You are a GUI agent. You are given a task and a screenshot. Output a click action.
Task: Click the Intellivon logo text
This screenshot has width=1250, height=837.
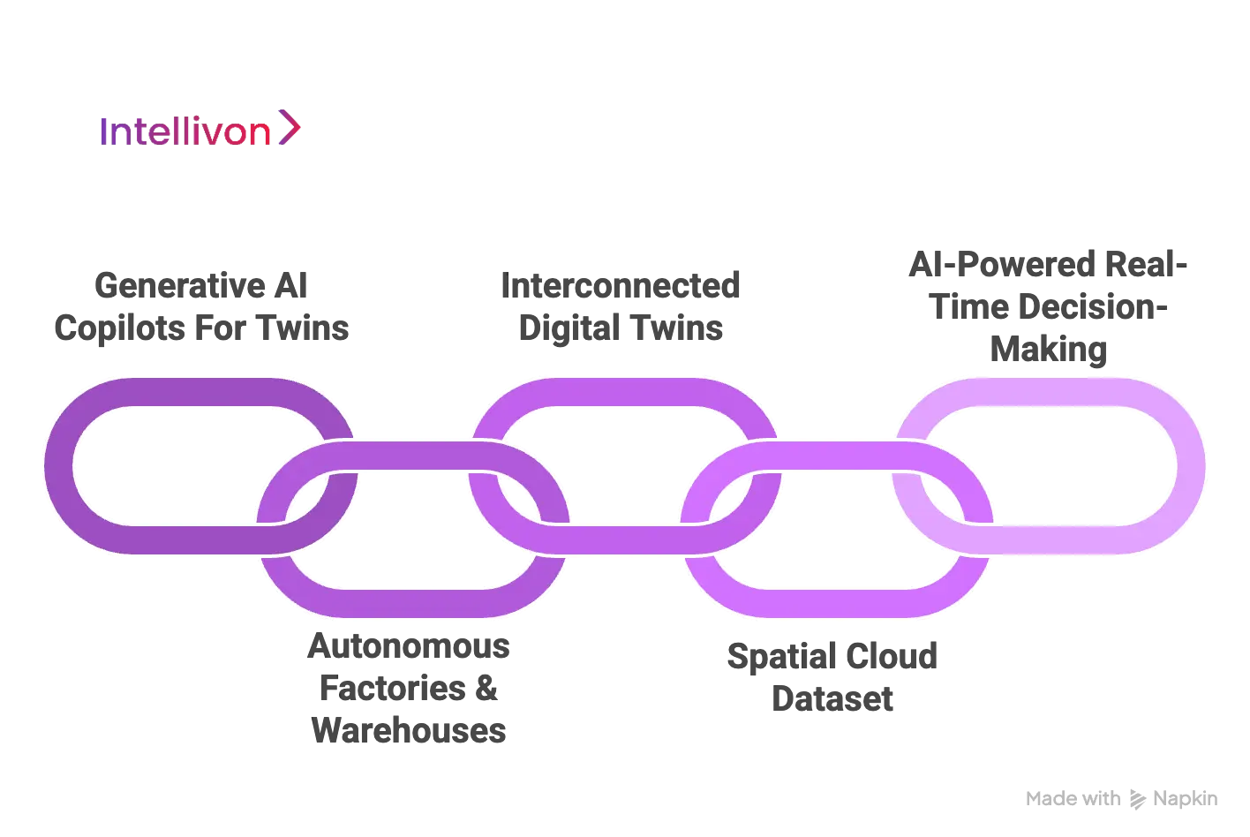(x=185, y=131)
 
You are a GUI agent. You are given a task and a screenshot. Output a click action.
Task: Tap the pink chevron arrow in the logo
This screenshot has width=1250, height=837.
(x=290, y=128)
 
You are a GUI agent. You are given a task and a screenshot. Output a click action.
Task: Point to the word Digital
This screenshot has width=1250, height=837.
(x=565, y=330)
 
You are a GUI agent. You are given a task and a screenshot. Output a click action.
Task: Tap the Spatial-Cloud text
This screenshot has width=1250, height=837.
(x=832, y=656)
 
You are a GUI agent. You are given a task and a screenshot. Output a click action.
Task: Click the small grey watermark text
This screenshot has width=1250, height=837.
(x=1121, y=796)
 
